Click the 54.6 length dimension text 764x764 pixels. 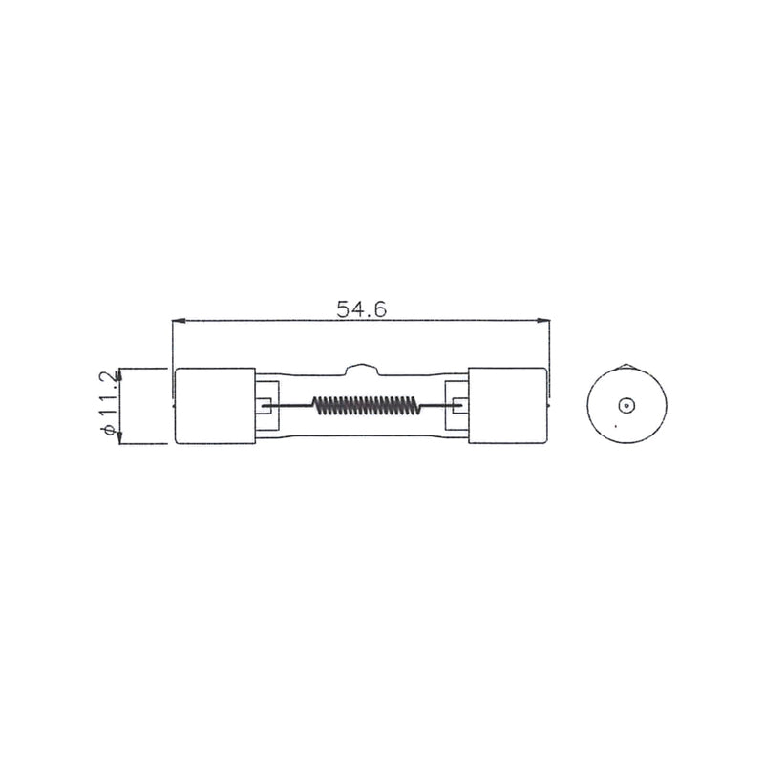pyautogui.click(x=362, y=308)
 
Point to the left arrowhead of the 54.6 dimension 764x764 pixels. pyautogui.click(x=179, y=321)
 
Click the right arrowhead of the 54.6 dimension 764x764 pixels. pyautogui.click(x=542, y=321)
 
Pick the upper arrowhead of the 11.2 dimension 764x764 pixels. pyautogui.click(x=120, y=374)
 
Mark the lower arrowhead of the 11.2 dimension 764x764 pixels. pyautogui.click(x=120, y=437)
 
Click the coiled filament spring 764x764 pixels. pyautogui.click(x=366, y=405)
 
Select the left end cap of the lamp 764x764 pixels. pyautogui.click(x=215, y=406)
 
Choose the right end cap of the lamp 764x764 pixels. pyautogui.click(x=507, y=406)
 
